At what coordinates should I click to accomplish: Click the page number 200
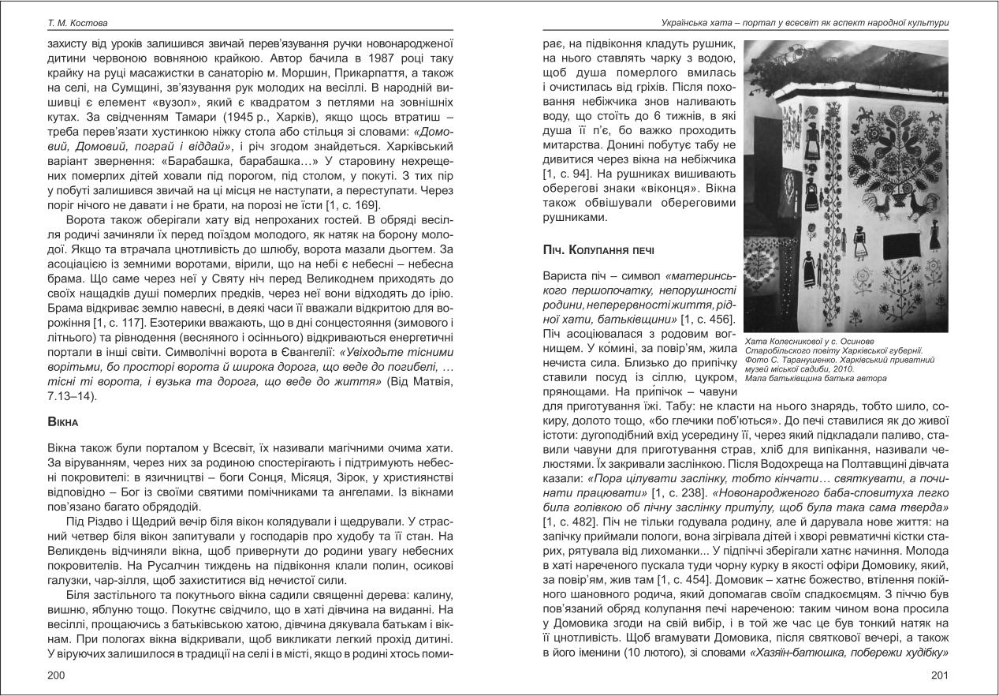tap(56, 675)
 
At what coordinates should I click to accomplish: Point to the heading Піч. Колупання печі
tap(600, 250)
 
